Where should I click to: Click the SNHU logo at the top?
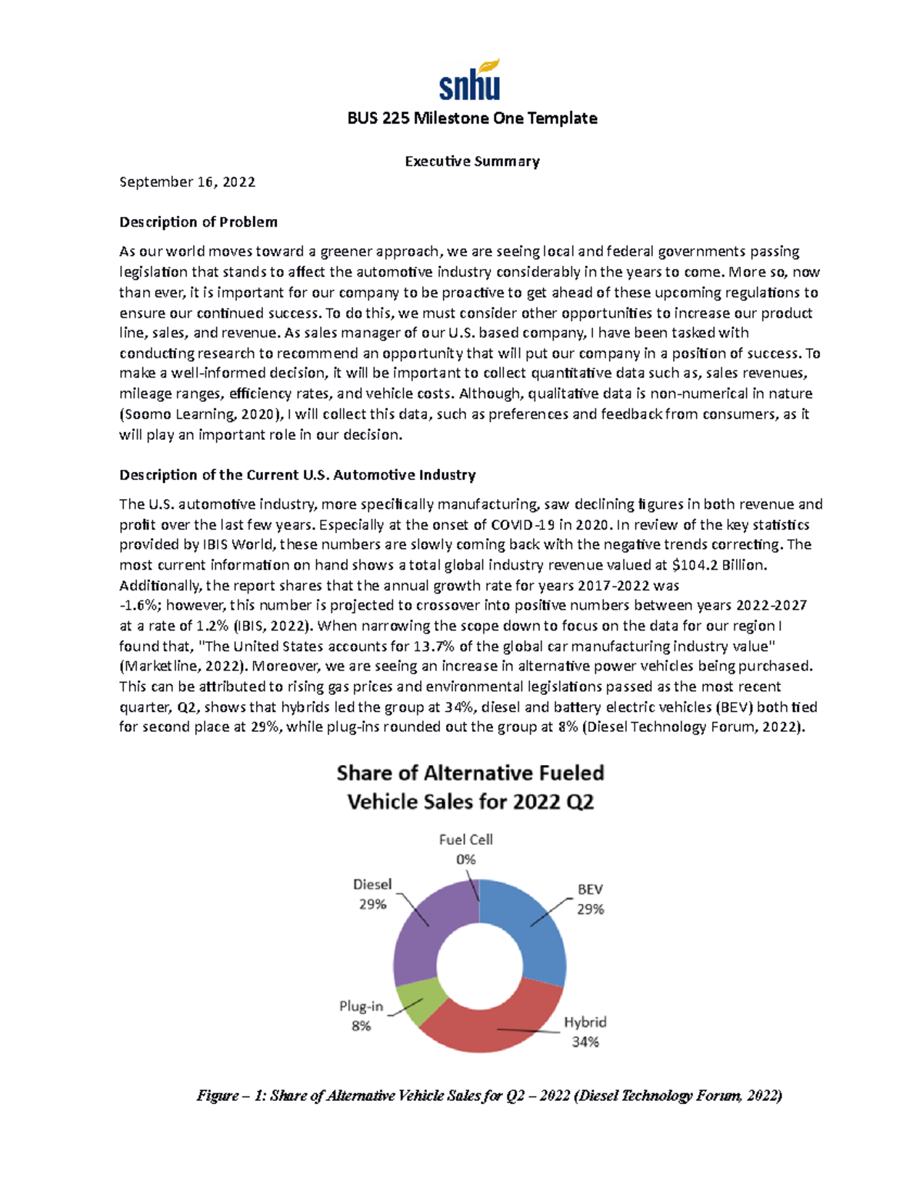tap(470, 80)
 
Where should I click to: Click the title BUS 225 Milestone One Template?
tap(471, 118)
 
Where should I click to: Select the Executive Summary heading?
tap(471, 161)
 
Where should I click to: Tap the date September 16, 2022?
tap(187, 182)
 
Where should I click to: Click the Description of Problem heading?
tap(198, 222)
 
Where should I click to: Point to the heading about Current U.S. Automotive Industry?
tap(297, 475)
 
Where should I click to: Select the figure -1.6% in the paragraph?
tap(135, 606)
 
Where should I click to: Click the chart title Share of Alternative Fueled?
tap(470, 773)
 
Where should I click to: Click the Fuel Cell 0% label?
tap(465, 850)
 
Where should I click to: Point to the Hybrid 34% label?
tap(585, 1032)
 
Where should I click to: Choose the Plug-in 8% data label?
tap(361, 1016)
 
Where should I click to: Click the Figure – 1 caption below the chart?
tap(489, 1096)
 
